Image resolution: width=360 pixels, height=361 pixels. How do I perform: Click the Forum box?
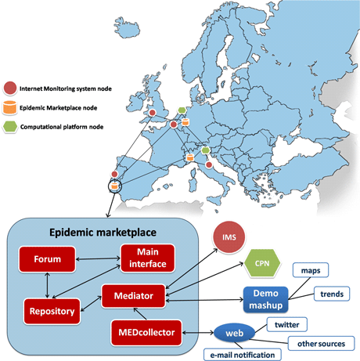coord(47,259)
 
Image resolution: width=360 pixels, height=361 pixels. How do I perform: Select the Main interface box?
coord(148,258)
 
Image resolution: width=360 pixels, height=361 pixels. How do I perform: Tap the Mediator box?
coord(134,296)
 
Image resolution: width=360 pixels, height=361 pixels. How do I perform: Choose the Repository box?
coord(52,311)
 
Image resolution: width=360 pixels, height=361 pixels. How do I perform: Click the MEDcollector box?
coord(146,333)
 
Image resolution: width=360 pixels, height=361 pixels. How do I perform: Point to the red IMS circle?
coord(229,237)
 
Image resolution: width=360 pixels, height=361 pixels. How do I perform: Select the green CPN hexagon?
coord(262,263)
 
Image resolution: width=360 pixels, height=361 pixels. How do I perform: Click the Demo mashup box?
coord(266,299)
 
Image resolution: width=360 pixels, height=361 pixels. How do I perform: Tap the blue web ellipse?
coord(234,333)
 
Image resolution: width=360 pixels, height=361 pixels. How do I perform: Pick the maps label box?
coord(311,270)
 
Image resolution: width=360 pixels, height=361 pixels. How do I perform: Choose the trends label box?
coord(332,294)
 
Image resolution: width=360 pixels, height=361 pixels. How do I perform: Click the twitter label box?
coord(287,325)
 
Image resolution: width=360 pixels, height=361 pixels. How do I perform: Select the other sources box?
coord(322,344)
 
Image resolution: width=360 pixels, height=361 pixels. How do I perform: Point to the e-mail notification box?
coord(243,355)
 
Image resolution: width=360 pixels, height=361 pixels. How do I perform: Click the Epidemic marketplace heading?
coord(103,233)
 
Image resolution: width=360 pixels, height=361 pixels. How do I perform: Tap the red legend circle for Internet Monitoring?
coord(10,88)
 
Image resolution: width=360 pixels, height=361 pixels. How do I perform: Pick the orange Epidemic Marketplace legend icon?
coord(9,107)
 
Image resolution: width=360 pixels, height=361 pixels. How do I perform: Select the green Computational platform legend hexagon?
coord(10,127)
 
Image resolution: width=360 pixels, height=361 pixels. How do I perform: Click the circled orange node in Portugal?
coord(114,186)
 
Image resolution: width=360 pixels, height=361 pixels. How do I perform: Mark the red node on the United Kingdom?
coord(153,113)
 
